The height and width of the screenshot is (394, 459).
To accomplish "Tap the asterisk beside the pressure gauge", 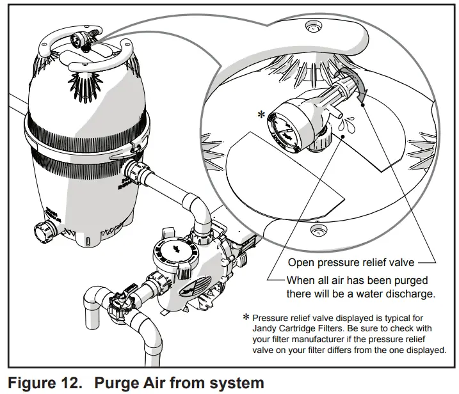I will pos(261,115).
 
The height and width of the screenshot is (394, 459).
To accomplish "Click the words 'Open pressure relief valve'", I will pos(349,262).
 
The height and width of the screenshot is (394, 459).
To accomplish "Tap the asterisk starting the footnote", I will pos(246,318).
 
